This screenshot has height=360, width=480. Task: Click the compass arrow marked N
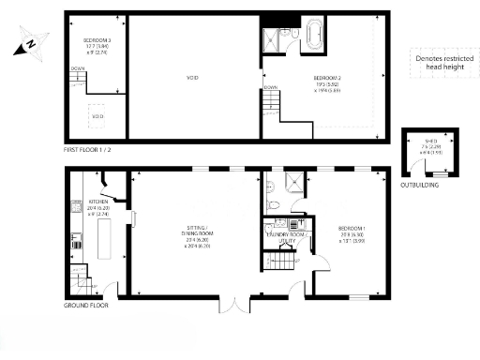tap(31, 41)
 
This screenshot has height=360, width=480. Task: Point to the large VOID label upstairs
tap(193, 78)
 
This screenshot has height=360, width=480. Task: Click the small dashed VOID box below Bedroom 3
tap(97, 115)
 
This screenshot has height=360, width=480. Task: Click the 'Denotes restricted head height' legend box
tap(439, 64)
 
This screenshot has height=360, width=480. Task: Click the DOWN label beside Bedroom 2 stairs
tap(270, 87)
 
